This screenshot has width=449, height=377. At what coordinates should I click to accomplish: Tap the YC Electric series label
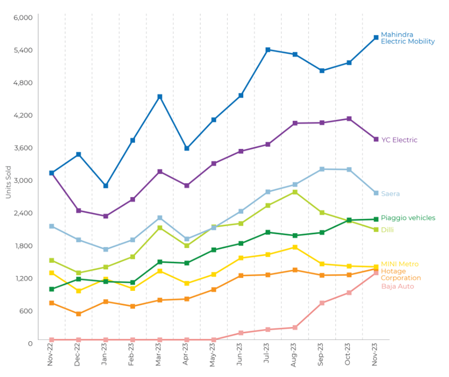[x=399, y=140]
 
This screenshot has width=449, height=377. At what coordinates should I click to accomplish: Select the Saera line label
[x=390, y=194]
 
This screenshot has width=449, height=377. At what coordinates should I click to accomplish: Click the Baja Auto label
[x=397, y=286]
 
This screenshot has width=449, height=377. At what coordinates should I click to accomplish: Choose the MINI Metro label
[x=399, y=264]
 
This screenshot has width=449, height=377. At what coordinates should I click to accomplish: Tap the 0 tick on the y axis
[x=30, y=344]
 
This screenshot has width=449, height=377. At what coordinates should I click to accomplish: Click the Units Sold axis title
[x=8, y=182]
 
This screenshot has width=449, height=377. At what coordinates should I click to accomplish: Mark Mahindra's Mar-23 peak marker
[x=160, y=97]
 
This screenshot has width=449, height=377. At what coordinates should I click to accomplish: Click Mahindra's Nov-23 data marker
[x=376, y=37]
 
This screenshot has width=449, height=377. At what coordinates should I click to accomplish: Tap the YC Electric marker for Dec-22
[x=78, y=211]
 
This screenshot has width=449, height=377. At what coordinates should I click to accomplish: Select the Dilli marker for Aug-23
[x=295, y=192]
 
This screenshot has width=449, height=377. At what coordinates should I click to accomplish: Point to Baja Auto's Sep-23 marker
[x=322, y=303]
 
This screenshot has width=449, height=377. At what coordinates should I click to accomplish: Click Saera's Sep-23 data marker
[x=322, y=169]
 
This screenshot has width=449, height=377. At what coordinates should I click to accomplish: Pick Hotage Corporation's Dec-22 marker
[x=78, y=314]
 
